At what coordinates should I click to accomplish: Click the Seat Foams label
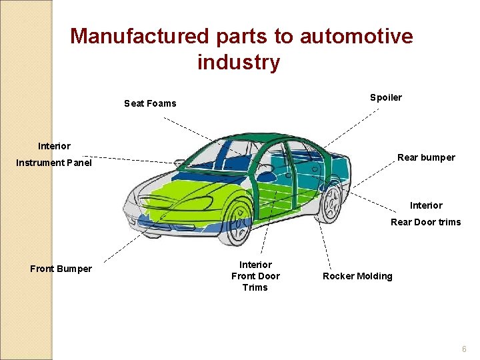coord(150,103)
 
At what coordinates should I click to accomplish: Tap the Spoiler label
coord(386,98)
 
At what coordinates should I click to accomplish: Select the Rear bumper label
coord(426,158)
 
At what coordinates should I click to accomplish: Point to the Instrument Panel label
coord(54,163)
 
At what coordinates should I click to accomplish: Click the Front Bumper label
coord(61,269)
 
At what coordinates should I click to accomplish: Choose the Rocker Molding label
coord(357,276)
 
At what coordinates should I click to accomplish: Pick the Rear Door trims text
coord(425,222)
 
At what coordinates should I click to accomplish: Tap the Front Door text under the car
coord(255,276)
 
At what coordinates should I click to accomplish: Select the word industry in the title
coord(239,63)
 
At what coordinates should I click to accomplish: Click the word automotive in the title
coord(356,36)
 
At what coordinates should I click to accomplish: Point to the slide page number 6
coord(465,349)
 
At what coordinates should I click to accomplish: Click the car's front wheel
coord(237,219)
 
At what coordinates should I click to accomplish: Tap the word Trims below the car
coord(255,287)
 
